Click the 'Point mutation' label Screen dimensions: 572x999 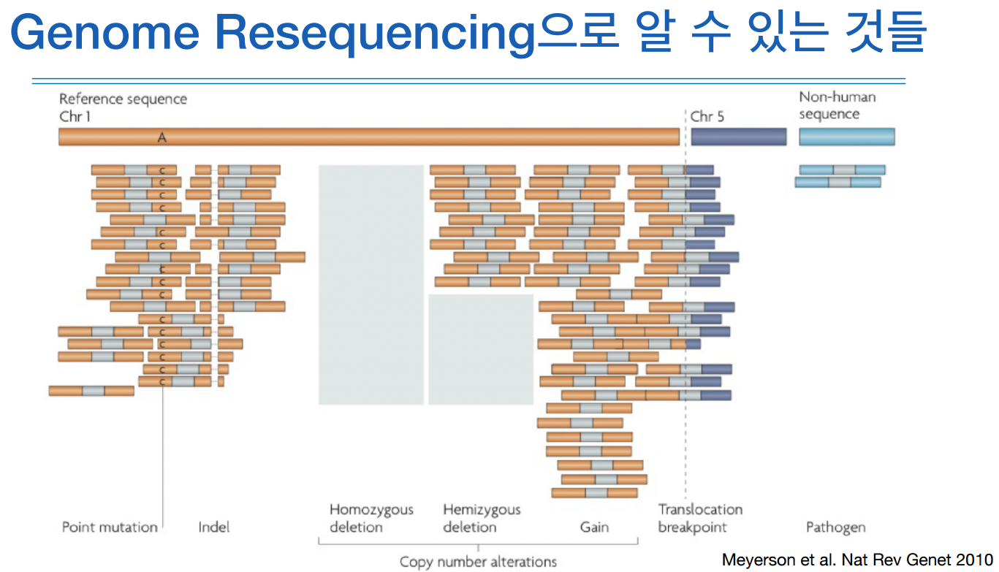pos(110,527)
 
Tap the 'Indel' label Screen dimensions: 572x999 pos(213,527)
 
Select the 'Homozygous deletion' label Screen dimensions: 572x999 pos(371,518)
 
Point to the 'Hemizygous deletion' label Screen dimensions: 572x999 pos(482,518)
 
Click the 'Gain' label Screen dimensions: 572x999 pos(594,527)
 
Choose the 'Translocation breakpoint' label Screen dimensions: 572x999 pos(699,518)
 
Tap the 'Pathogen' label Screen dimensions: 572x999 pos(835,527)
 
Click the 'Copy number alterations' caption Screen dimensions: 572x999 pos(478,562)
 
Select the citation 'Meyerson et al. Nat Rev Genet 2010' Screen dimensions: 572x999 pos(857,560)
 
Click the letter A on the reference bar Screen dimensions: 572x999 pos(162,137)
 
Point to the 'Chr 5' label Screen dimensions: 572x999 pos(707,116)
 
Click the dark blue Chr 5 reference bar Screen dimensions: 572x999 pos(738,137)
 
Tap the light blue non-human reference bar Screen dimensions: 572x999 pos(846,137)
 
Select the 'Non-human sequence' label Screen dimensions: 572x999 pos(837,105)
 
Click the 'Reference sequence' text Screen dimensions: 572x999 pos(123,99)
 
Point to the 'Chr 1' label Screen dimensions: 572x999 pos(75,116)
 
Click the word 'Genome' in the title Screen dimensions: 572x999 pos(102,33)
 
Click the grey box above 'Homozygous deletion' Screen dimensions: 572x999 pos(371,284)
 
